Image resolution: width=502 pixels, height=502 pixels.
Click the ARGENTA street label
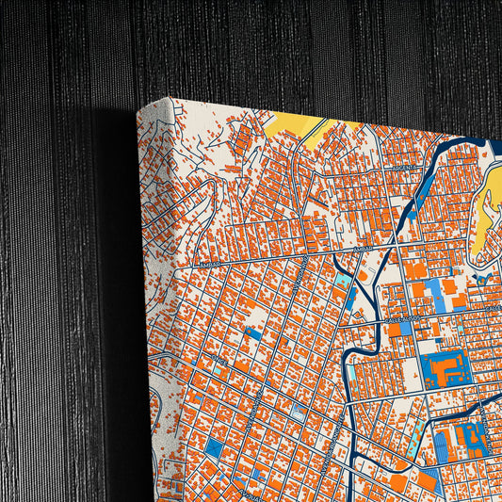tap(405, 168)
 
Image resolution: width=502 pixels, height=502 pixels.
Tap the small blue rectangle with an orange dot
tap(253, 332)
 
